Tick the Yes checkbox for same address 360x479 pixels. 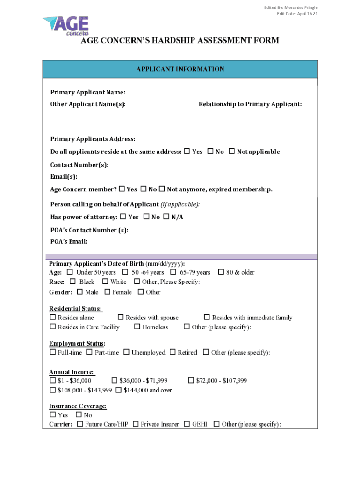click(x=187, y=152)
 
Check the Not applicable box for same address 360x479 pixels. click(x=231, y=152)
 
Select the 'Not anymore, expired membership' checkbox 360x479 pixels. click(x=162, y=189)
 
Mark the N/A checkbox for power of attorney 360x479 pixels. click(x=166, y=217)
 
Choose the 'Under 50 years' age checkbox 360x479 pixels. click(x=70, y=272)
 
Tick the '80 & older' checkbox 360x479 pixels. click(x=221, y=272)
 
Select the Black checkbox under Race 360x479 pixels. click(x=72, y=282)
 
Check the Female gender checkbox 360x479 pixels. click(x=108, y=292)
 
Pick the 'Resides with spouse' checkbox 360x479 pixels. click(x=121, y=318)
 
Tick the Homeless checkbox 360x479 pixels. click(x=137, y=327)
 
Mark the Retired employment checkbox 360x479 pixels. click(x=173, y=352)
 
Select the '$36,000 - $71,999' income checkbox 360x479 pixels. click(x=115, y=381)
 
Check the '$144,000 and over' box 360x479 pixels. click(x=118, y=390)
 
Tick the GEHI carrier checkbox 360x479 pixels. click(x=187, y=424)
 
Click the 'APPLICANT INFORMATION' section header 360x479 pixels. click(x=180, y=69)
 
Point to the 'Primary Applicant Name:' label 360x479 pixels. click(x=87, y=93)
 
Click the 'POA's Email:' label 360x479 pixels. click(x=69, y=242)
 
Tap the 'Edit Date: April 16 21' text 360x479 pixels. click(x=297, y=14)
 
